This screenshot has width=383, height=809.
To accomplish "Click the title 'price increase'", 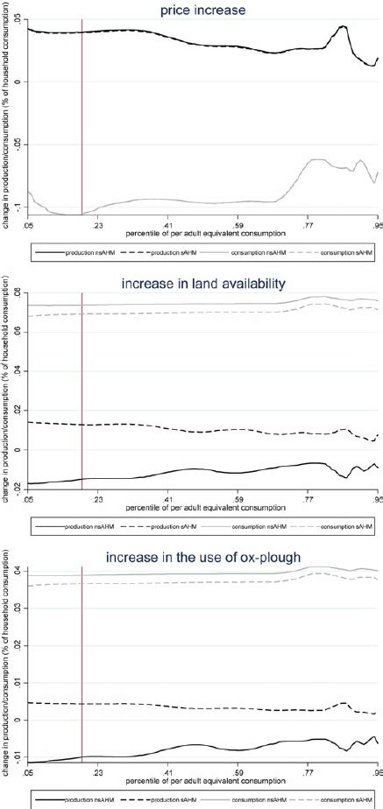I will [202, 10].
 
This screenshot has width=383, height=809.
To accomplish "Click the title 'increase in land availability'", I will [202, 284].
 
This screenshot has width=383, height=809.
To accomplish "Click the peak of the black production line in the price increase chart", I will [343, 26].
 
